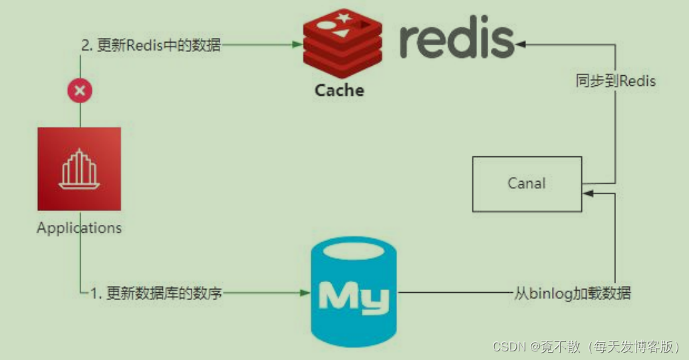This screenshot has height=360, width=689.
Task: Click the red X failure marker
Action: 80,90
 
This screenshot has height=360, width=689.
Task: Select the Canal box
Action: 527,184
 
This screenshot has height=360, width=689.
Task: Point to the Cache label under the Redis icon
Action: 339,90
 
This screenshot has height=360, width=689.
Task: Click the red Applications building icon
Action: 79,168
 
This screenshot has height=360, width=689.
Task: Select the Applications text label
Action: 79,228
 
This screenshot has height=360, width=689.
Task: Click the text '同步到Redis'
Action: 615,81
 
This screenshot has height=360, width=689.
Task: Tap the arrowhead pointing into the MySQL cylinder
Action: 305,293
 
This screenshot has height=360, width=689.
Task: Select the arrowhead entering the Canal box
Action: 587,192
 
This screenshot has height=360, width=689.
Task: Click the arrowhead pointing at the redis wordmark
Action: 520,44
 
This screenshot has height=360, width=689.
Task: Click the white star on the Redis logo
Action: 344,17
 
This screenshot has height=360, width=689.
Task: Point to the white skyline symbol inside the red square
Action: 79,168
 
